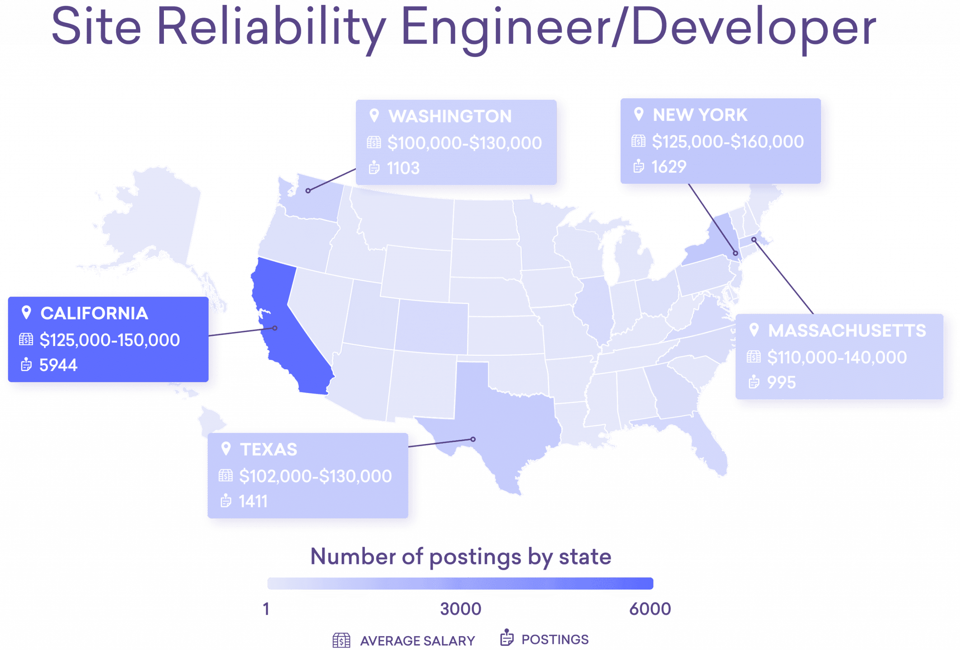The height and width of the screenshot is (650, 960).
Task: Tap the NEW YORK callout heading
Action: click(x=700, y=115)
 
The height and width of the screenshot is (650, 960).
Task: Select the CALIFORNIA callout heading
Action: click(x=94, y=313)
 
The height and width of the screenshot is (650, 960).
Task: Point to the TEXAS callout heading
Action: click(x=268, y=450)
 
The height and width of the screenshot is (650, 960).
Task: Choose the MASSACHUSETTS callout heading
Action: click(x=847, y=331)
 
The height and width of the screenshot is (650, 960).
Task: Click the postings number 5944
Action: click(x=58, y=365)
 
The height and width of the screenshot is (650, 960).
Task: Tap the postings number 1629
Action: click(x=669, y=167)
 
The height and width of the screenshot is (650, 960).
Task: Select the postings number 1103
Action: click(x=403, y=168)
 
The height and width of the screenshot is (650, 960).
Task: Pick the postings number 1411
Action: click(x=253, y=501)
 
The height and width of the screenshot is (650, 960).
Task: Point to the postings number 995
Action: click(x=781, y=382)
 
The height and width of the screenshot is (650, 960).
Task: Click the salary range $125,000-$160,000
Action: click(x=727, y=142)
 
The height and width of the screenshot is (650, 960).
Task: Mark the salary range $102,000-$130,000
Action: click(x=315, y=476)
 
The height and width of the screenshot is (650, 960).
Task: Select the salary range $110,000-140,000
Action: click(x=837, y=357)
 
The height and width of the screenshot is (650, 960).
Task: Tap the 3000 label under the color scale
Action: click(x=460, y=609)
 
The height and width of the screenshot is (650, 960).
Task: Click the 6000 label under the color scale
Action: click(x=650, y=609)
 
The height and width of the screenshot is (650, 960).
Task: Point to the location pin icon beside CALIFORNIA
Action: click(x=26, y=313)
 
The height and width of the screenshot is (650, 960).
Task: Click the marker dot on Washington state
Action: click(x=308, y=191)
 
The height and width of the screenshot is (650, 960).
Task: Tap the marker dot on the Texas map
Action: click(x=473, y=439)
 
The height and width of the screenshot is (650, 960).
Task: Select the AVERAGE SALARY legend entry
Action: click(x=417, y=641)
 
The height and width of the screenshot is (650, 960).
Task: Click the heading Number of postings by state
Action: click(x=460, y=557)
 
